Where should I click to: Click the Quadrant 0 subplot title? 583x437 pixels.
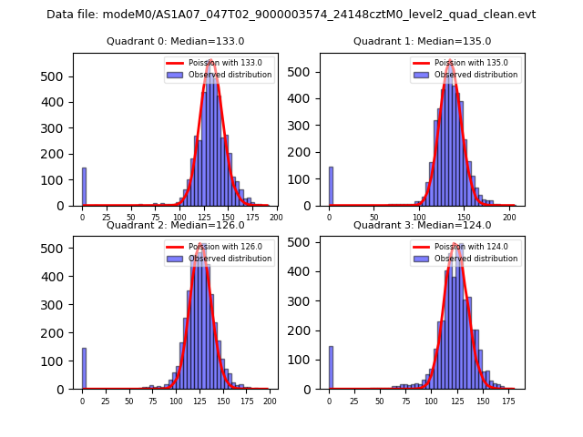[175, 42]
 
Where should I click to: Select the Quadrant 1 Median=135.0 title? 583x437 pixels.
[422, 42]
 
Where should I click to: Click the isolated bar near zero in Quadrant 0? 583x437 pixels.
[84, 187]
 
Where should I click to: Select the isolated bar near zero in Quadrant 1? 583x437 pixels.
[331, 187]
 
